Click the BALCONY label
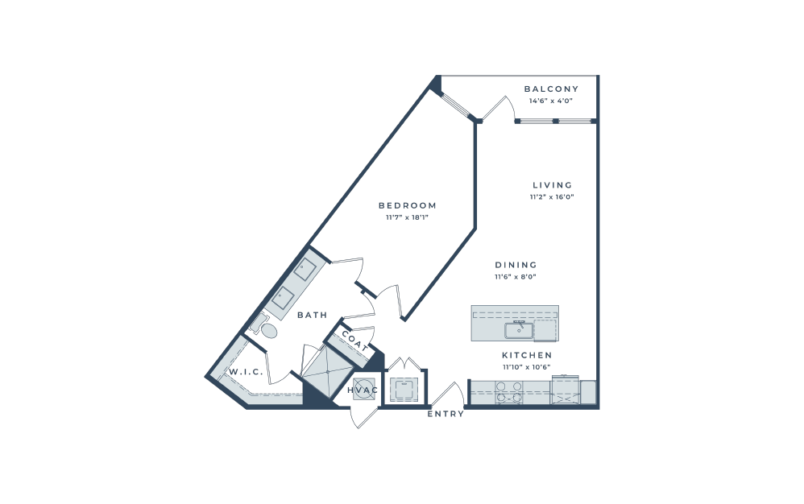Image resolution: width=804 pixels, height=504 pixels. pyautogui.click(x=551, y=89)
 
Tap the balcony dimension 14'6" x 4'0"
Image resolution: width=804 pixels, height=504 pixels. pyautogui.click(x=551, y=101)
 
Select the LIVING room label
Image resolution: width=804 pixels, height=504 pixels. pyautogui.click(x=552, y=185)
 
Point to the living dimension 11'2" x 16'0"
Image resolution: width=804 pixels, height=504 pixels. pyautogui.click(x=552, y=196)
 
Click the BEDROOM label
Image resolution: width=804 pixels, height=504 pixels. pyautogui.click(x=408, y=205)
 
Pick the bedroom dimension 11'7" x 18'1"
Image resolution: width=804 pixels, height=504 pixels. pyautogui.click(x=407, y=217)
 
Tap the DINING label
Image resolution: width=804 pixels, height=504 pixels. pyautogui.click(x=516, y=265)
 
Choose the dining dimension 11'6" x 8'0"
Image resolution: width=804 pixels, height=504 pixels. pyautogui.click(x=516, y=277)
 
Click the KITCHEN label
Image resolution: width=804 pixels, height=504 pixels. pyautogui.click(x=527, y=355)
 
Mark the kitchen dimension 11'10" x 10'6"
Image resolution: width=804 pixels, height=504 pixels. pyautogui.click(x=527, y=367)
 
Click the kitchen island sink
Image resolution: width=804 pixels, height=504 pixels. pyautogui.click(x=518, y=330)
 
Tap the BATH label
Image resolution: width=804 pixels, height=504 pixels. pyautogui.click(x=313, y=315)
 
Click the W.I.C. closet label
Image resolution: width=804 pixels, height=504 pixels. pyautogui.click(x=246, y=372)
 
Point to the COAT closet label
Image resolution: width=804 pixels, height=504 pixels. pyautogui.click(x=354, y=341)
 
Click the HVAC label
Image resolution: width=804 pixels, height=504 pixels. pyautogui.click(x=363, y=390)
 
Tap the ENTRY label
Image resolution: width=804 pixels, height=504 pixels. pyautogui.click(x=446, y=414)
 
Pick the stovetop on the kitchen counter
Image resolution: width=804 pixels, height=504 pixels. pyautogui.click(x=509, y=392)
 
